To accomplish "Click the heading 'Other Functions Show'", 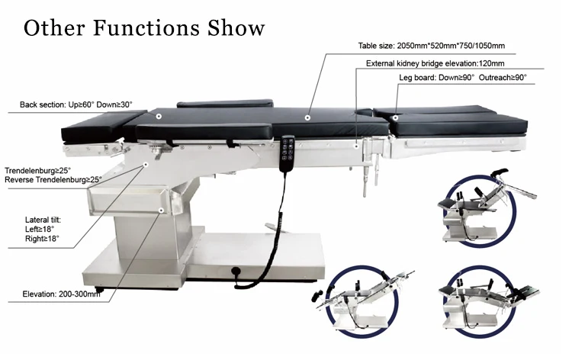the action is pyautogui.click(x=145, y=28).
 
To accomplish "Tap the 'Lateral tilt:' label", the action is pyautogui.click(x=43, y=220).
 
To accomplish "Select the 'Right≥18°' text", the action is pyautogui.click(x=42, y=239).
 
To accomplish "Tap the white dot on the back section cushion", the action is pyautogui.click(x=159, y=117).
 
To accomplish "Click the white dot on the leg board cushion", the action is pyautogui.click(x=396, y=117).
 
